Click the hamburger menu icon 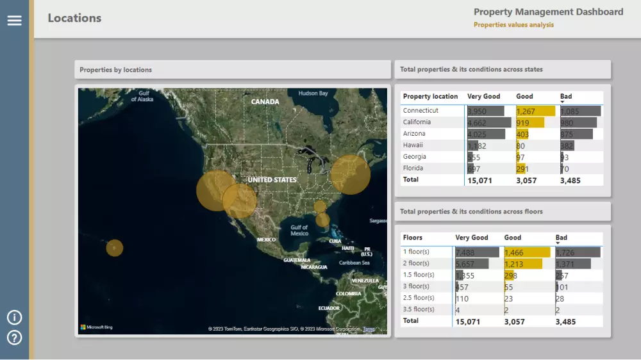[x=14, y=20]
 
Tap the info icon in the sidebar [x=14, y=318]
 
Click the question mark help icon [x=14, y=338]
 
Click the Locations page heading [x=74, y=18]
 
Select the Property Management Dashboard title [x=548, y=12]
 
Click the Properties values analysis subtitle [x=513, y=25]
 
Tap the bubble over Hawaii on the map [x=115, y=247]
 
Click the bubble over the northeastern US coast [x=350, y=174]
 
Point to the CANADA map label [x=265, y=102]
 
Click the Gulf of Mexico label [x=299, y=230]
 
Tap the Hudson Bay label [x=313, y=94]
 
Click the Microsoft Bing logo [x=96, y=327]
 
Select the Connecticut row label [x=420, y=111]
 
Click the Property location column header [x=430, y=97]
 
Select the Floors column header [x=412, y=238]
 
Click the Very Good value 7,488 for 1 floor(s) [x=465, y=253]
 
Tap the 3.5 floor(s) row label [x=418, y=309]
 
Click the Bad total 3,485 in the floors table [x=567, y=321]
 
